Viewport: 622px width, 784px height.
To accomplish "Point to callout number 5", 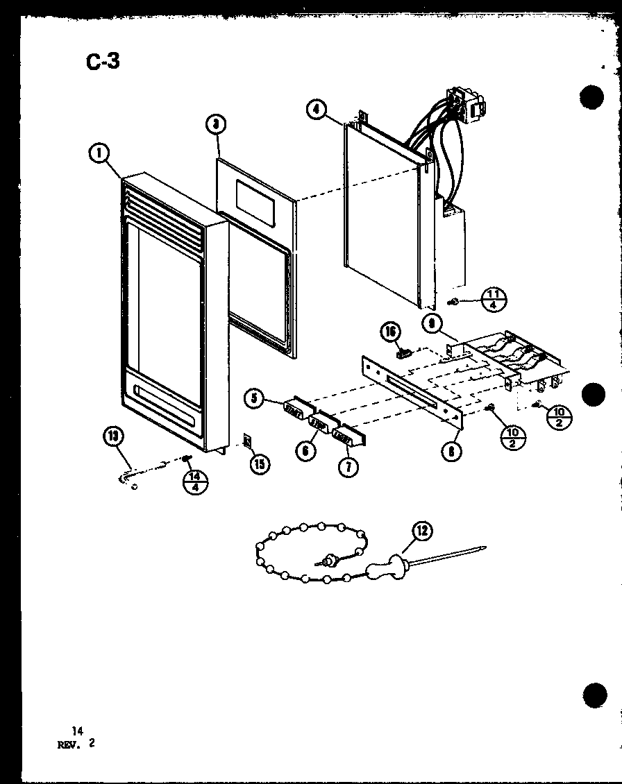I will tap(255, 398).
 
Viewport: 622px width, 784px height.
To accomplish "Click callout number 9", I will tap(432, 322).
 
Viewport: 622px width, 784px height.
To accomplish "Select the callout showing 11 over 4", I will tap(494, 300).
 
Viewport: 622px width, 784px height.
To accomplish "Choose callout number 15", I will tap(258, 463).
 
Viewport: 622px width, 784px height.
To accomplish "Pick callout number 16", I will tap(392, 334).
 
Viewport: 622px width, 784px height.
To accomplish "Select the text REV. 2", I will tap(77, 743).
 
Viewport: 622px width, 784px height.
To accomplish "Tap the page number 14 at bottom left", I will tap(75, 731).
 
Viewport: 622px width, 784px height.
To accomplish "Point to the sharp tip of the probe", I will tap(485, 548).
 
